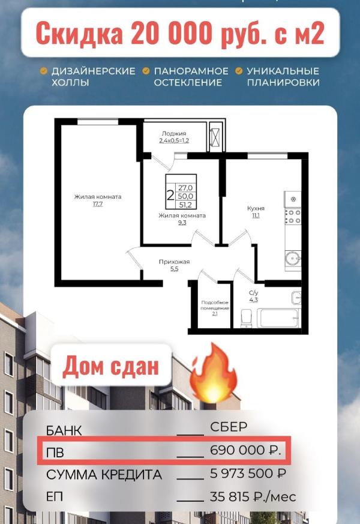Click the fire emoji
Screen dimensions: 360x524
tap(214, 373)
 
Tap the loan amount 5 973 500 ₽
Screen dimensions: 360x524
tap(248, 474)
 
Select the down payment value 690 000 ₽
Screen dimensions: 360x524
tap(246, 451)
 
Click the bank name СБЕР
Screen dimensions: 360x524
tap(229, 427)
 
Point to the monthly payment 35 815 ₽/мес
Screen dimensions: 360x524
tap(253, 496)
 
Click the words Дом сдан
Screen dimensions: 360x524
tap(110, 366)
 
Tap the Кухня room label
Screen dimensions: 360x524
tap(256, 208)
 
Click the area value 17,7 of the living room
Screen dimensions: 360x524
tap(98, 204)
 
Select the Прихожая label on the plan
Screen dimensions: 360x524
tap(174, 262)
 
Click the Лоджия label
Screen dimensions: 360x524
tap(173, 133)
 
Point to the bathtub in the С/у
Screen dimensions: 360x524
tap(279, 318)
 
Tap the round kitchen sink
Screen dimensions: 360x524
tap(293, 258)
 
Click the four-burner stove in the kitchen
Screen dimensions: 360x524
tap(293, 217)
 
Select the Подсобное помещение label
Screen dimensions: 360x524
tap(215, 305)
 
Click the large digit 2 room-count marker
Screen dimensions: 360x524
tap(170, 195)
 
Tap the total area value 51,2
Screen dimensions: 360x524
tap(185, 205)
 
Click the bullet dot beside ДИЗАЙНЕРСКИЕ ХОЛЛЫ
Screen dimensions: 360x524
tap(43, 71)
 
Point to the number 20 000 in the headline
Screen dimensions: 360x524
tap(172, 33)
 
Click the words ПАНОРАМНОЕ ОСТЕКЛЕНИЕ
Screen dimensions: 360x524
tap(191, 76)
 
